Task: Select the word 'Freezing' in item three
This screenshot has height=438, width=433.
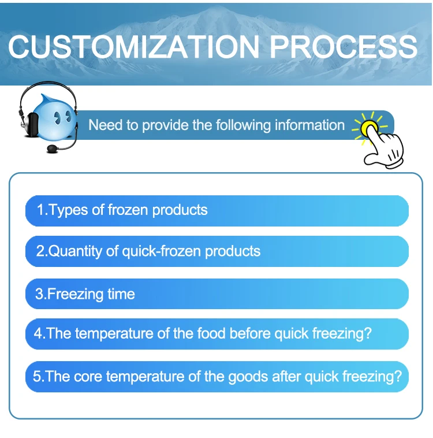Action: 75,294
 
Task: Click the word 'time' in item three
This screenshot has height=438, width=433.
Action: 121,294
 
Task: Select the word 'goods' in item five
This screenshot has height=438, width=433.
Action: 248,377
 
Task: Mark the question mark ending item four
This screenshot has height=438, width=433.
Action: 368,333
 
